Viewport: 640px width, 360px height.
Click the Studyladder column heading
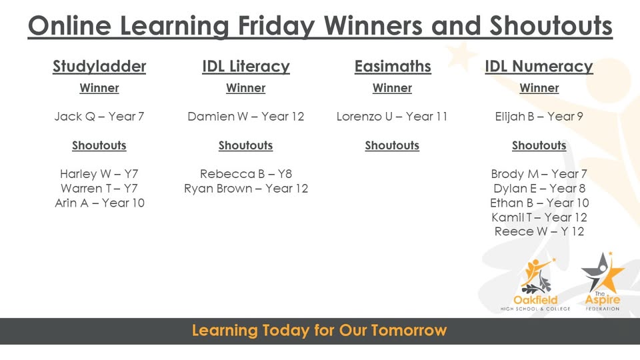coord(99,67)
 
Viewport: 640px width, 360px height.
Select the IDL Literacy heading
coord(245,67)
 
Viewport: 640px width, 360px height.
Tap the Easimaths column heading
coord(393,67)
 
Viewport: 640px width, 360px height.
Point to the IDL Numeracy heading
coord(539,67)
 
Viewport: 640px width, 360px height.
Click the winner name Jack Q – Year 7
coord(99,117)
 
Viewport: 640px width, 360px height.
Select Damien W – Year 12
coord(245,117)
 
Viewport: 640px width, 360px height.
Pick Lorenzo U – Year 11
coord(392,117)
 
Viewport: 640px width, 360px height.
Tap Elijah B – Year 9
coord(539,117)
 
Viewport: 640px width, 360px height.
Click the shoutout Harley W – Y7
coord(99,174)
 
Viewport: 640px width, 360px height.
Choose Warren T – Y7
coord(99,189)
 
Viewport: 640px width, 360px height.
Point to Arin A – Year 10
coord(99,203)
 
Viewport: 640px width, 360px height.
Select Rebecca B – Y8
coord(246,174)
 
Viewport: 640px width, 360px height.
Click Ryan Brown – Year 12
coord(246,189)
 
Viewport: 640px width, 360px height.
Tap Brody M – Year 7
coord(539,174)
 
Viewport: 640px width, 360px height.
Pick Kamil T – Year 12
coord(539,217)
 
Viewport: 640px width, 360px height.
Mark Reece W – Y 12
coord(539,232)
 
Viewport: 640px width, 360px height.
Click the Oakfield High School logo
coord(536,283)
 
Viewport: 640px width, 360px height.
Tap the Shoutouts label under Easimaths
coord(392,145)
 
